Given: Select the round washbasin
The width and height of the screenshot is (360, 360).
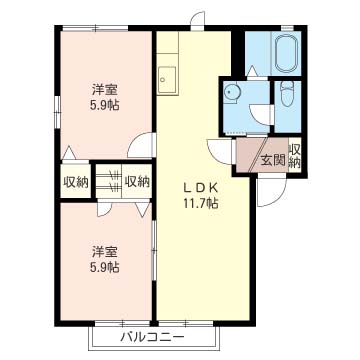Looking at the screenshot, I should (x=233, y=93).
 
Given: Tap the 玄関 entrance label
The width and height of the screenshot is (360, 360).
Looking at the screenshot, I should (x=272, y=158).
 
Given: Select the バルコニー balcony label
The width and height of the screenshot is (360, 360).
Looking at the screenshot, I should (x=152, y=337).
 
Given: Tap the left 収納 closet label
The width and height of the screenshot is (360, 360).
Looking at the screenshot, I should (x=76, y=182).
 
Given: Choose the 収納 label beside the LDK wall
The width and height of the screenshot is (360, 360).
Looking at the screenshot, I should (x=138, y=182).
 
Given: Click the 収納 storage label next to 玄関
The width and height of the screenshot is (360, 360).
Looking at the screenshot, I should (x=296, y=155).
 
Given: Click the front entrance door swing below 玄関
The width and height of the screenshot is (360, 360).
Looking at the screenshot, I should (x=267, y=189).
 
